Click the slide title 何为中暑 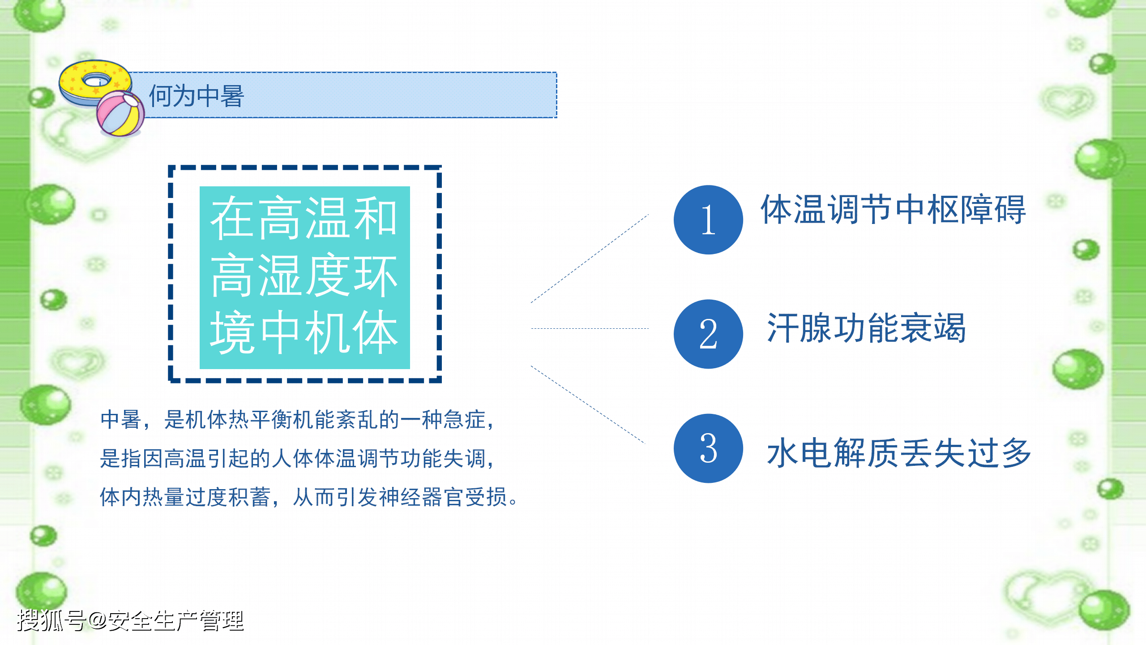(x=196, y=96)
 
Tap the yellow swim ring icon (x=95, y=83)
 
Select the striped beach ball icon (x=120, y=113)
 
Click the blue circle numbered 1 (x=708, y=219)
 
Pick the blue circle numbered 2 (x=708, y=334)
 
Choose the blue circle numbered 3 (x=708, y=448)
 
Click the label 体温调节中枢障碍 (x=893, y=209)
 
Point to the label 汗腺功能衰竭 (x=866, y=328)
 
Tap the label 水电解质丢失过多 (x=899, y=453)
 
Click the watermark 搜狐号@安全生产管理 (x=130, y=620)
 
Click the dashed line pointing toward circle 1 (x=590, y=259)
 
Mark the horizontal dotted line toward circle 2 (x=590, y=328)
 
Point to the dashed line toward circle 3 (x=588, y=404)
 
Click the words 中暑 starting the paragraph (x=121, y=420)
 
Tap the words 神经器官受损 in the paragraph (x=443, y=497)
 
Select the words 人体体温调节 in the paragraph (x=336, y=458)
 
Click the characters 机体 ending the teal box (x=352, y=332)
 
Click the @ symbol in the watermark (x=97, y=621)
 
